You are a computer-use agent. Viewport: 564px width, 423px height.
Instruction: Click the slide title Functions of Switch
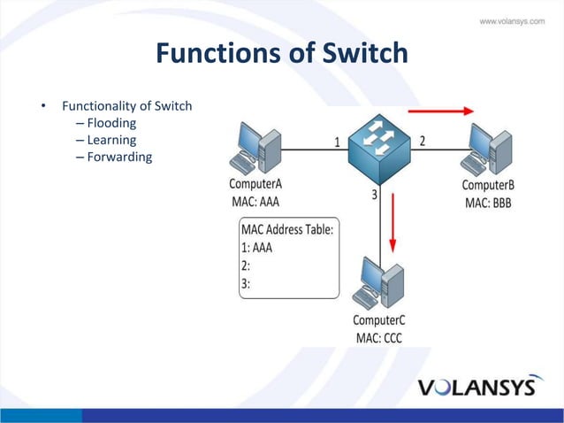(281, 54)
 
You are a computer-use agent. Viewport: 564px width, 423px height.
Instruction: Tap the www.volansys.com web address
(511, 21)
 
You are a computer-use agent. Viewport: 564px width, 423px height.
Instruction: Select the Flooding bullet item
(111, 123)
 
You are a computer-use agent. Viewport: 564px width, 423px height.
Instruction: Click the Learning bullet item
(111, 140)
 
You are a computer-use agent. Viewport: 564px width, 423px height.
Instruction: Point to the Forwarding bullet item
(119, 157)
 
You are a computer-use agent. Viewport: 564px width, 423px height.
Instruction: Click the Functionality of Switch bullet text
(126, 107)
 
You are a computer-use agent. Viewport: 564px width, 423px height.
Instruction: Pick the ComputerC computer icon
(380, 285)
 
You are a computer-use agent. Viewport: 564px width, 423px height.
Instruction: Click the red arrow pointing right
(442, 112)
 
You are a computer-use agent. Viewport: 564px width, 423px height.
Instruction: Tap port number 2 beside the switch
(423, 141)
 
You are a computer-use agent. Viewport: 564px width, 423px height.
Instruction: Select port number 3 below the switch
(376, 196)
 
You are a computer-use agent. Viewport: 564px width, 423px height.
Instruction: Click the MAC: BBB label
(488, 203)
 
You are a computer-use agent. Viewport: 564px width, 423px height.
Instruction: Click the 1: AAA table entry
(256, 248)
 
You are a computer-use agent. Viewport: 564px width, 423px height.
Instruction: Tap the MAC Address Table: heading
(287, 230)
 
